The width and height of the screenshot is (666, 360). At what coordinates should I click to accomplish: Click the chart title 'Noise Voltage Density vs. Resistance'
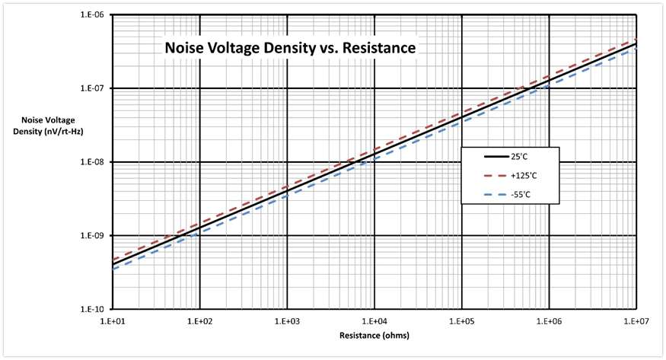[x=290, y=47]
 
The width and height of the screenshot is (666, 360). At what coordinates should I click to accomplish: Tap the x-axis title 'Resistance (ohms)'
[x=374, y=336]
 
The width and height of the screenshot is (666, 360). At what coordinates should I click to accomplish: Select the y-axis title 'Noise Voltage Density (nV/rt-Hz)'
[x=48, y=126]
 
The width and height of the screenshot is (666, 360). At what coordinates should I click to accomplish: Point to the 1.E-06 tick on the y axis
[x=94, y=15]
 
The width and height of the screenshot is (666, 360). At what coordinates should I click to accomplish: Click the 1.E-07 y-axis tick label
[x=94, y=88]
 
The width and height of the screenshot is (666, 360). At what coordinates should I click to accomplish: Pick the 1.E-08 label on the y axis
[x=94, y=162]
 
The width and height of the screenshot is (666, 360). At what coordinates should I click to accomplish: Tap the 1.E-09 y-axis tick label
[x=94, y=236]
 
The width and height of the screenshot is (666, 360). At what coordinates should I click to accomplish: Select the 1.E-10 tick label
[x=94, y=310]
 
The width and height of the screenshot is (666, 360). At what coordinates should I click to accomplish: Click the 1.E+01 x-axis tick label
[x=112, y=321]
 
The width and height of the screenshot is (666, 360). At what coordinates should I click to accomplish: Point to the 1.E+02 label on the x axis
[x=199, y=321]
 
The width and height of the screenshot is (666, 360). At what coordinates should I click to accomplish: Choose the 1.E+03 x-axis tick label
[x=287, y=321]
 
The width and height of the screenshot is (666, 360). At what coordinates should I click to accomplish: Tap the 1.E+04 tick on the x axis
[x=374, y=321]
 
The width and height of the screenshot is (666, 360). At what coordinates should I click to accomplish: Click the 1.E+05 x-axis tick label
[x=462, y=321]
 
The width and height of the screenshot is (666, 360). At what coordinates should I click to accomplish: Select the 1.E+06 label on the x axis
[x=549, y=321]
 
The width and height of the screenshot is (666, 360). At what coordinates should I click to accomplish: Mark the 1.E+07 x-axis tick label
[x=636, y=321]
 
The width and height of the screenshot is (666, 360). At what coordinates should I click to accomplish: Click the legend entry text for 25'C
[x=519, y=157]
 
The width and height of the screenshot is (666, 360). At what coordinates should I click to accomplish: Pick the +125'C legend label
[x=524, y=176]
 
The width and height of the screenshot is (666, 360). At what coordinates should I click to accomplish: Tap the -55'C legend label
[x=521, y=195]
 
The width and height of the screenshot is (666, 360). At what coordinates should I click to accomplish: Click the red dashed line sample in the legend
[x=496, y=176]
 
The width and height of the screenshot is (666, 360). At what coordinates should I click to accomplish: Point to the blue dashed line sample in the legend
[x=496, y=195]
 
